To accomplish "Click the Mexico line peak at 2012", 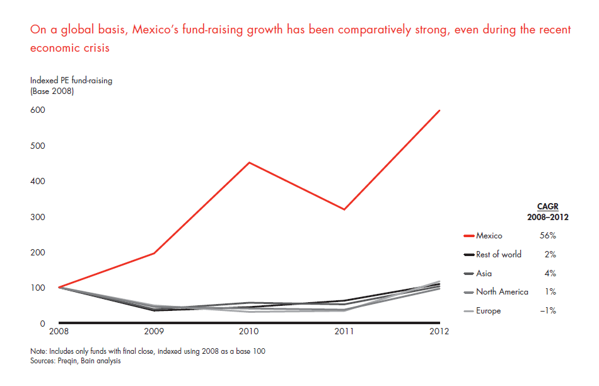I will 439,110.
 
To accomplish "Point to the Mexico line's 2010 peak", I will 250,163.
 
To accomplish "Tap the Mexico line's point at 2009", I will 155,253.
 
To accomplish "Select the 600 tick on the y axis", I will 37,110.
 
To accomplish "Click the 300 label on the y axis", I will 37,217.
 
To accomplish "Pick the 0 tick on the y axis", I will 42,324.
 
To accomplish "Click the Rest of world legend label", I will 498,255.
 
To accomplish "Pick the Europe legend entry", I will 488,311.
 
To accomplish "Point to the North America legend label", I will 502,292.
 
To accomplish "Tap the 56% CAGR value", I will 548,236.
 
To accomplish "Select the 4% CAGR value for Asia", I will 550,274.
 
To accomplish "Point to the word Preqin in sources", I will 69,361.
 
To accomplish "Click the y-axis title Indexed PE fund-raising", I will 71,80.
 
